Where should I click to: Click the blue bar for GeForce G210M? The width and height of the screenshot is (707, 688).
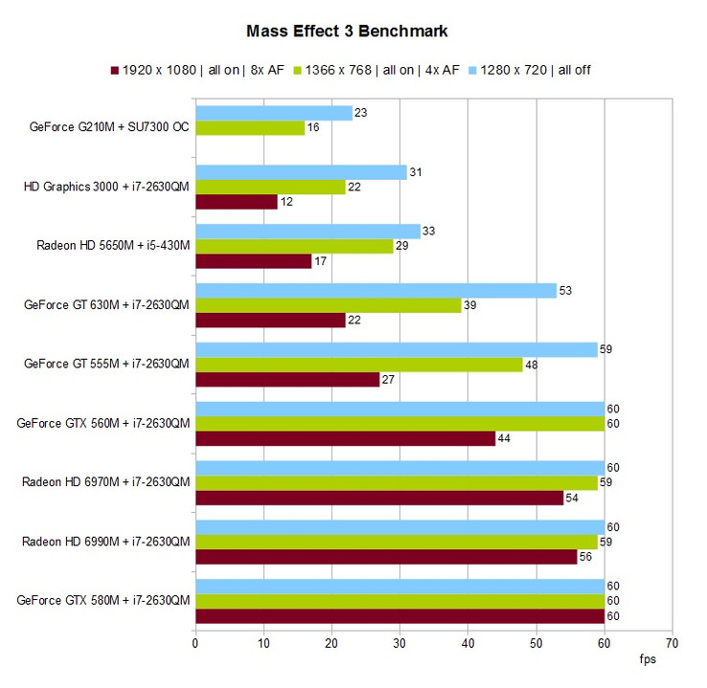(274, 113)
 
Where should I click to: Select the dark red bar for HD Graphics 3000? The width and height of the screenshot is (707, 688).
(237, 202)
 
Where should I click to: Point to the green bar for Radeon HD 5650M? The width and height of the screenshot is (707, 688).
(294, 246)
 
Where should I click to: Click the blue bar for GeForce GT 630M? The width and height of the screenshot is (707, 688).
(376, 291)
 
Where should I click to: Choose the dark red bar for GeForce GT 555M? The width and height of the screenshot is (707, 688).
(287, 379)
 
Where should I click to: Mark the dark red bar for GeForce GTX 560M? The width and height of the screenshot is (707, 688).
(346, 438)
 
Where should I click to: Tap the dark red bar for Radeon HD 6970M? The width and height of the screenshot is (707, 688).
(379, 498)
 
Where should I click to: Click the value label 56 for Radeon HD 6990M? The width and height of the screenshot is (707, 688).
(585, 557)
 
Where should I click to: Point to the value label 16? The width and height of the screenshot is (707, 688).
(312, 127)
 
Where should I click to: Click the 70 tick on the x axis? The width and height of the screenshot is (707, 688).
(673, 643)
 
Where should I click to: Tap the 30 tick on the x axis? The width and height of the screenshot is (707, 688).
(399, 643)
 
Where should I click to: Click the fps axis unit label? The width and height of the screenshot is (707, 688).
(649, 660)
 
